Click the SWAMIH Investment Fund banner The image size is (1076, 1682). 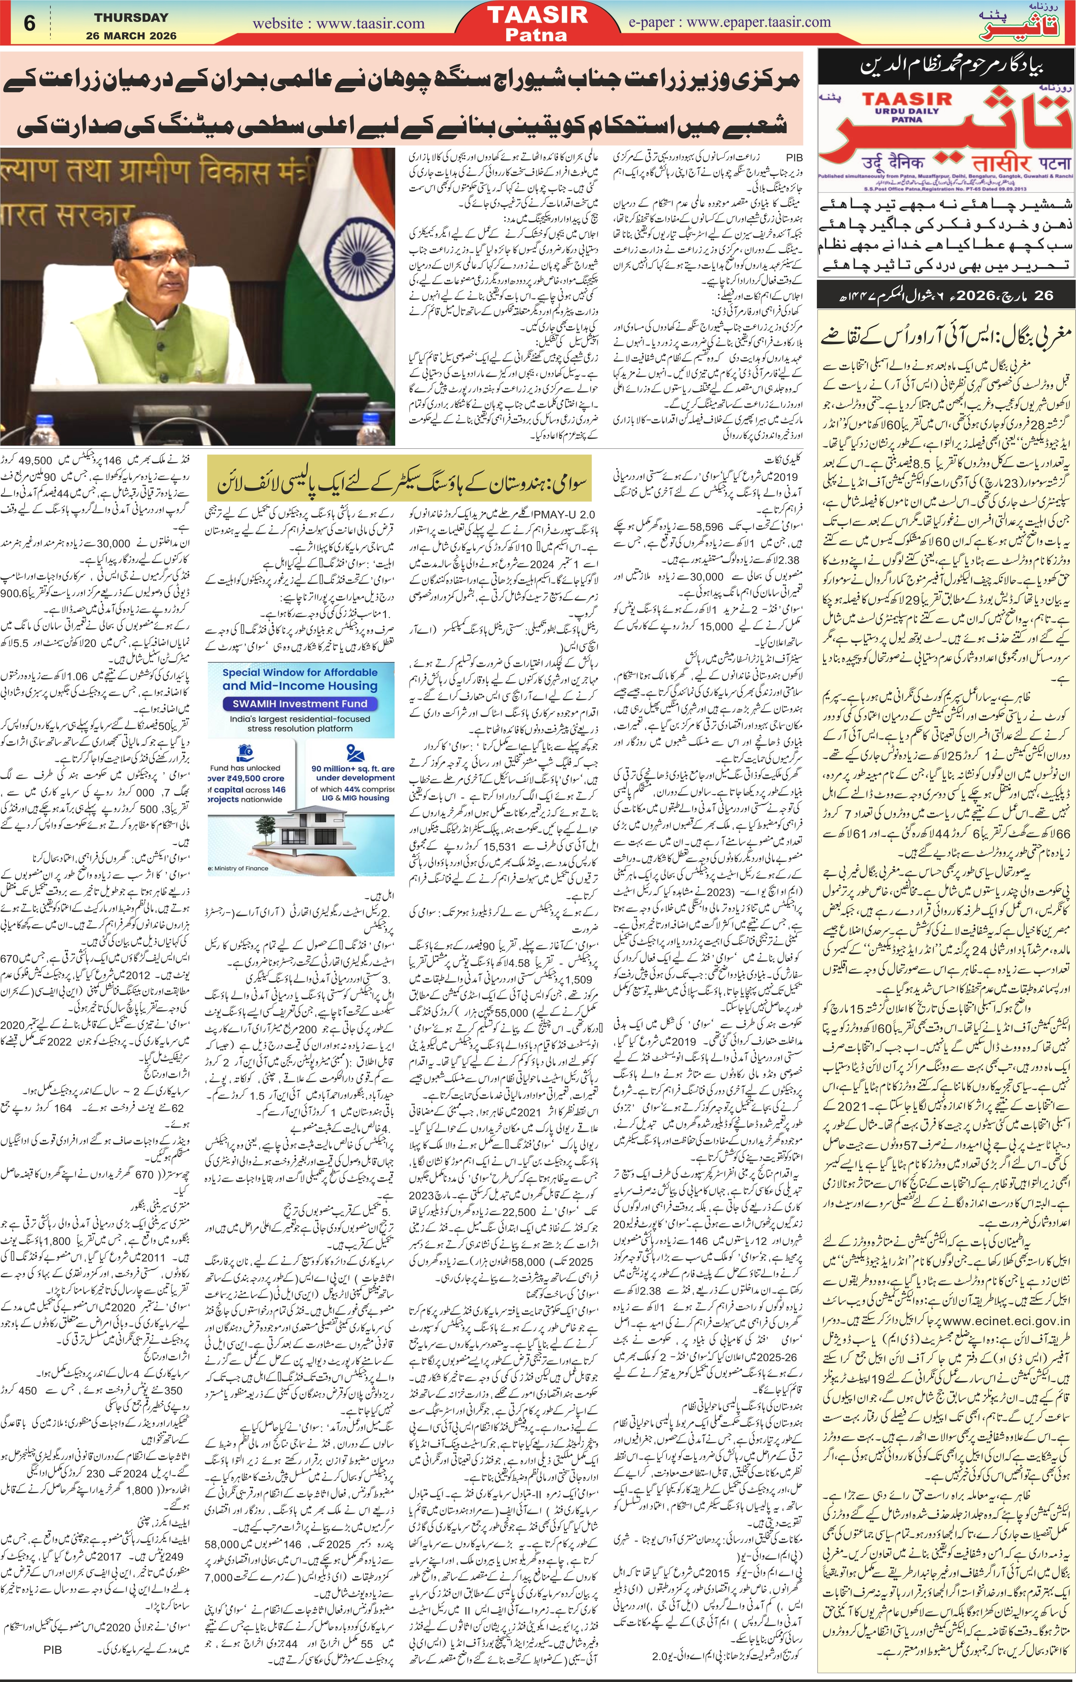(x=301, y=705)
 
